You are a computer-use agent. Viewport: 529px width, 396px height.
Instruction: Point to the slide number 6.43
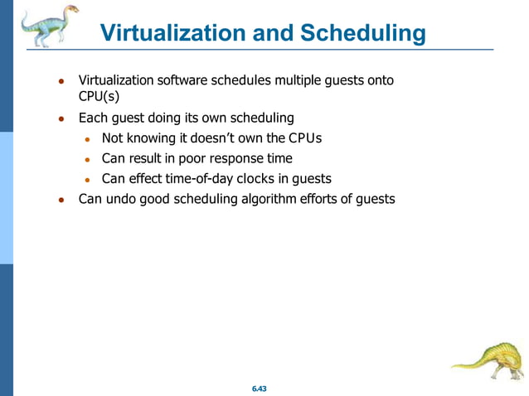pyautogui.click(x=264, y=388)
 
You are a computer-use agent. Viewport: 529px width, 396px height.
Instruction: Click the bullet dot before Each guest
pyautogui.click(x=61, y=119)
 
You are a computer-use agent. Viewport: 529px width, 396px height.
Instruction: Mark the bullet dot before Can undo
pyautogui.click(x=61, y=200)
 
